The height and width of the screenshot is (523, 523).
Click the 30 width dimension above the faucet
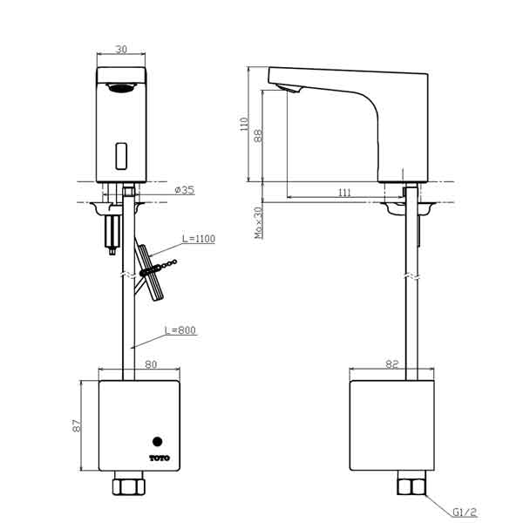pyautogui.click(x=121, y=51)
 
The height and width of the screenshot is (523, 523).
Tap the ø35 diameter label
pyautogui.click(x=183, y=190)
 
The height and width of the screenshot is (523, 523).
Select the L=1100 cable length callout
pyautogui.click(x=199, y=238)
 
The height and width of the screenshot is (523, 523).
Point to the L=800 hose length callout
pyautogui.click(x=181, y=331)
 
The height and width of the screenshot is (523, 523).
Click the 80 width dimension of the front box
pyautogui.click(x=151, y=366)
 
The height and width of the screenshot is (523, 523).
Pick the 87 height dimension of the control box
pyautogui.click(x=76, y=426)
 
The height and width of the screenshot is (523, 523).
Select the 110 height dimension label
pyautogui.click(x=245, y=125)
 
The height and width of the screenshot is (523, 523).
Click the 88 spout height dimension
pyautogui.click(x=259, y=136)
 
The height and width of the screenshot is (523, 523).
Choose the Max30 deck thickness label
pyautogui.click(x=258, y=222)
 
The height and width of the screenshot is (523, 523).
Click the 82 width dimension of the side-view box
pyautogui.click(x=392, y=366)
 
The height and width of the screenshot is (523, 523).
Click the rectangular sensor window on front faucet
pyautogui.click(x=122, y=156)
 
